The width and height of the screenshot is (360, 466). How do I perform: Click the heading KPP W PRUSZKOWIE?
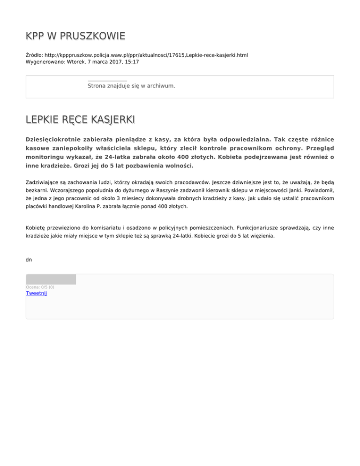75,36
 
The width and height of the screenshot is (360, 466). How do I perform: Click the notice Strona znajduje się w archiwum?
131,86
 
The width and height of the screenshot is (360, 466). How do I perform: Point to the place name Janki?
300,189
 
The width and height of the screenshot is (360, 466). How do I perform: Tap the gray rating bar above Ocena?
51,279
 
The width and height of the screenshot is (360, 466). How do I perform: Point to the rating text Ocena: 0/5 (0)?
40,287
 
